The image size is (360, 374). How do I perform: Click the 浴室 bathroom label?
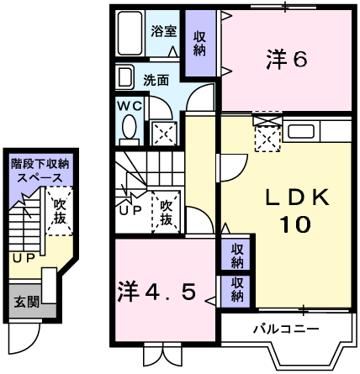pos(163,32)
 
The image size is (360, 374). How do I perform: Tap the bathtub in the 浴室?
pos(130,34)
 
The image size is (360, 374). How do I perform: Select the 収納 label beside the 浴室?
pos(199,43)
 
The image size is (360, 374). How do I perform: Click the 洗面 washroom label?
pos(155,81)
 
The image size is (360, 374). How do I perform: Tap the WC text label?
pos(130,107)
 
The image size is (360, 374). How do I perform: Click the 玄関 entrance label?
pos(23,300)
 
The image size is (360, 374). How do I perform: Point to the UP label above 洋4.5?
pos(131,210)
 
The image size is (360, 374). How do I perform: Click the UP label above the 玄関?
pos(23,257)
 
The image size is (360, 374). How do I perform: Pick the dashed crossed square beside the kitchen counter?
pos(267,134)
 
